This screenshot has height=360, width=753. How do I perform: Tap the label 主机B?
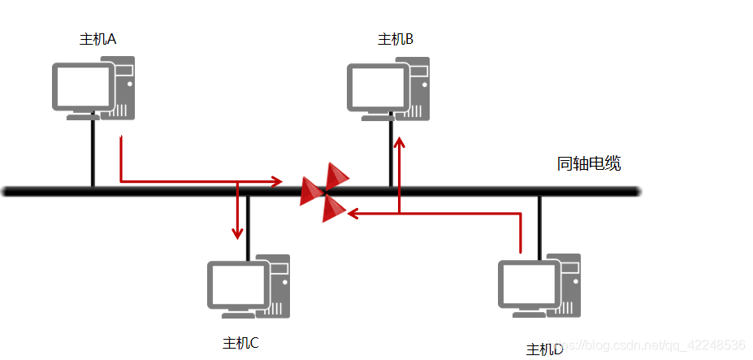coord(396,39)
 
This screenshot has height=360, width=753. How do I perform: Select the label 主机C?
coord(240,343)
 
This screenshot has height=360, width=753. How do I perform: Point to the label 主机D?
coord(544,349)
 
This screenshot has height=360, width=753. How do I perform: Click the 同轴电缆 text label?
coord(589,163)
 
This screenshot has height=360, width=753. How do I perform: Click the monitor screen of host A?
coord(83,86)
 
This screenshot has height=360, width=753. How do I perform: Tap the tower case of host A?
coord(123,88)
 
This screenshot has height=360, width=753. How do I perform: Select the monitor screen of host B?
coord(377,87)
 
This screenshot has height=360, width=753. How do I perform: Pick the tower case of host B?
coord(417,89)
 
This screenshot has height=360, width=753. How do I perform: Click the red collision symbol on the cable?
coord(325,192)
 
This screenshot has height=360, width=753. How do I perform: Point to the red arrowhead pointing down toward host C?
coord(237,233)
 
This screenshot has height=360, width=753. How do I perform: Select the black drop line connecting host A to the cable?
coord(93,154)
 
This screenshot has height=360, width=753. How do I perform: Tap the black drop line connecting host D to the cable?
coord(539,223)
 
